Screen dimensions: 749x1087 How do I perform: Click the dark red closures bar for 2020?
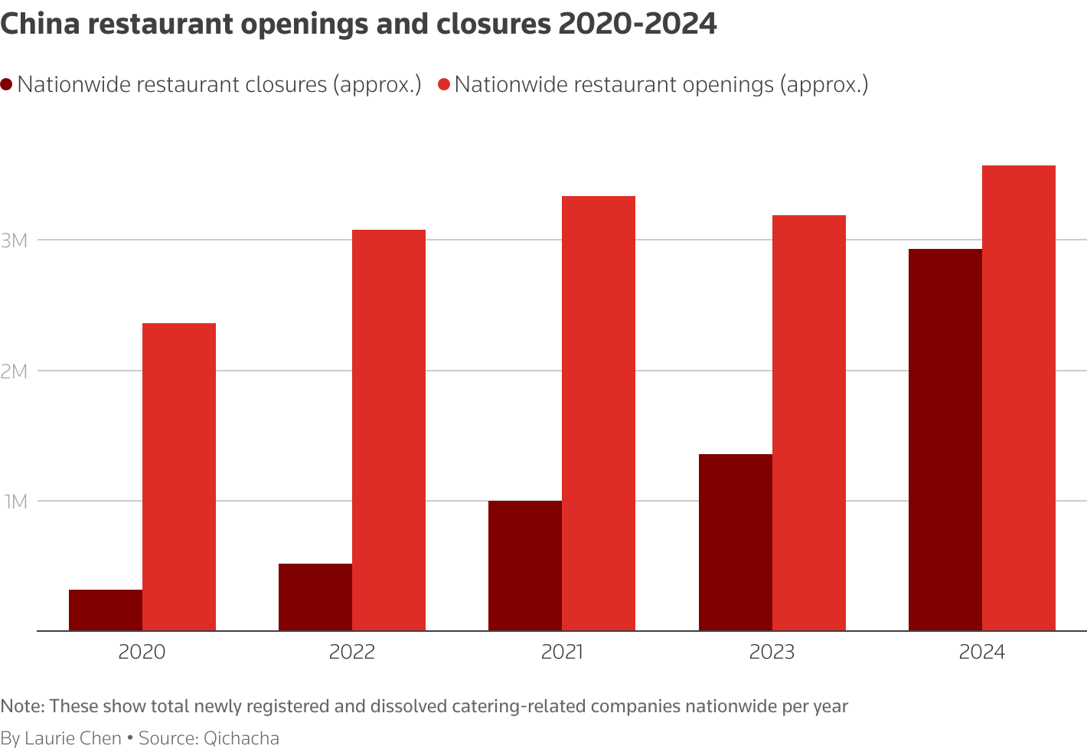click(x=106, y=610)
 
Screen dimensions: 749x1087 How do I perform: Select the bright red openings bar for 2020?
click(x=179, y=477)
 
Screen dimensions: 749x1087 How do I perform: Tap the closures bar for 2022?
click(x=315, y=597)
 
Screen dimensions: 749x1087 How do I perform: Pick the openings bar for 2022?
click(x=389, y=430)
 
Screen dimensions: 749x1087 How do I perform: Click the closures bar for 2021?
click(x=525, y=566)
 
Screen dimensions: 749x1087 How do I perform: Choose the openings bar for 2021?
click(x=599, y=414)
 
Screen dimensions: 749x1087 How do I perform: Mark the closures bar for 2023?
click(x=736, y=542)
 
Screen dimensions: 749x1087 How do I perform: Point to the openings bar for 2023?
click(x=809, y=423)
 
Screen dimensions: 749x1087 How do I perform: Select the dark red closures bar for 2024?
click(x=945, y=440)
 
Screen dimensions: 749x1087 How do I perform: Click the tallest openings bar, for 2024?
click(x=1019, y=398)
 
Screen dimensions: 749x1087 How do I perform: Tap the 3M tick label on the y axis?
click(x=15, y=240)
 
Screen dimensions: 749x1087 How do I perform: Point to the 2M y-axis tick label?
click(x=15, y=371)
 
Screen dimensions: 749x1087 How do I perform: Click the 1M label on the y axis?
click(x=15, y=502)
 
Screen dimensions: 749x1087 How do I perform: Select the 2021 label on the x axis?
click(x=562, y=653)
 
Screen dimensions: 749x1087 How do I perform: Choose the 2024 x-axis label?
click(x=982, y=653)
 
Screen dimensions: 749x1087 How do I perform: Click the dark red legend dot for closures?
click(x=7, y=84)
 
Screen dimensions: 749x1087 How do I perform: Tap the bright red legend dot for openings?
click(x=444, y=84)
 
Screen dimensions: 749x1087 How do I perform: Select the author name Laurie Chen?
click(x=73, y=738)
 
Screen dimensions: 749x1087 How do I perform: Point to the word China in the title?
click(x=40, y=24)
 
